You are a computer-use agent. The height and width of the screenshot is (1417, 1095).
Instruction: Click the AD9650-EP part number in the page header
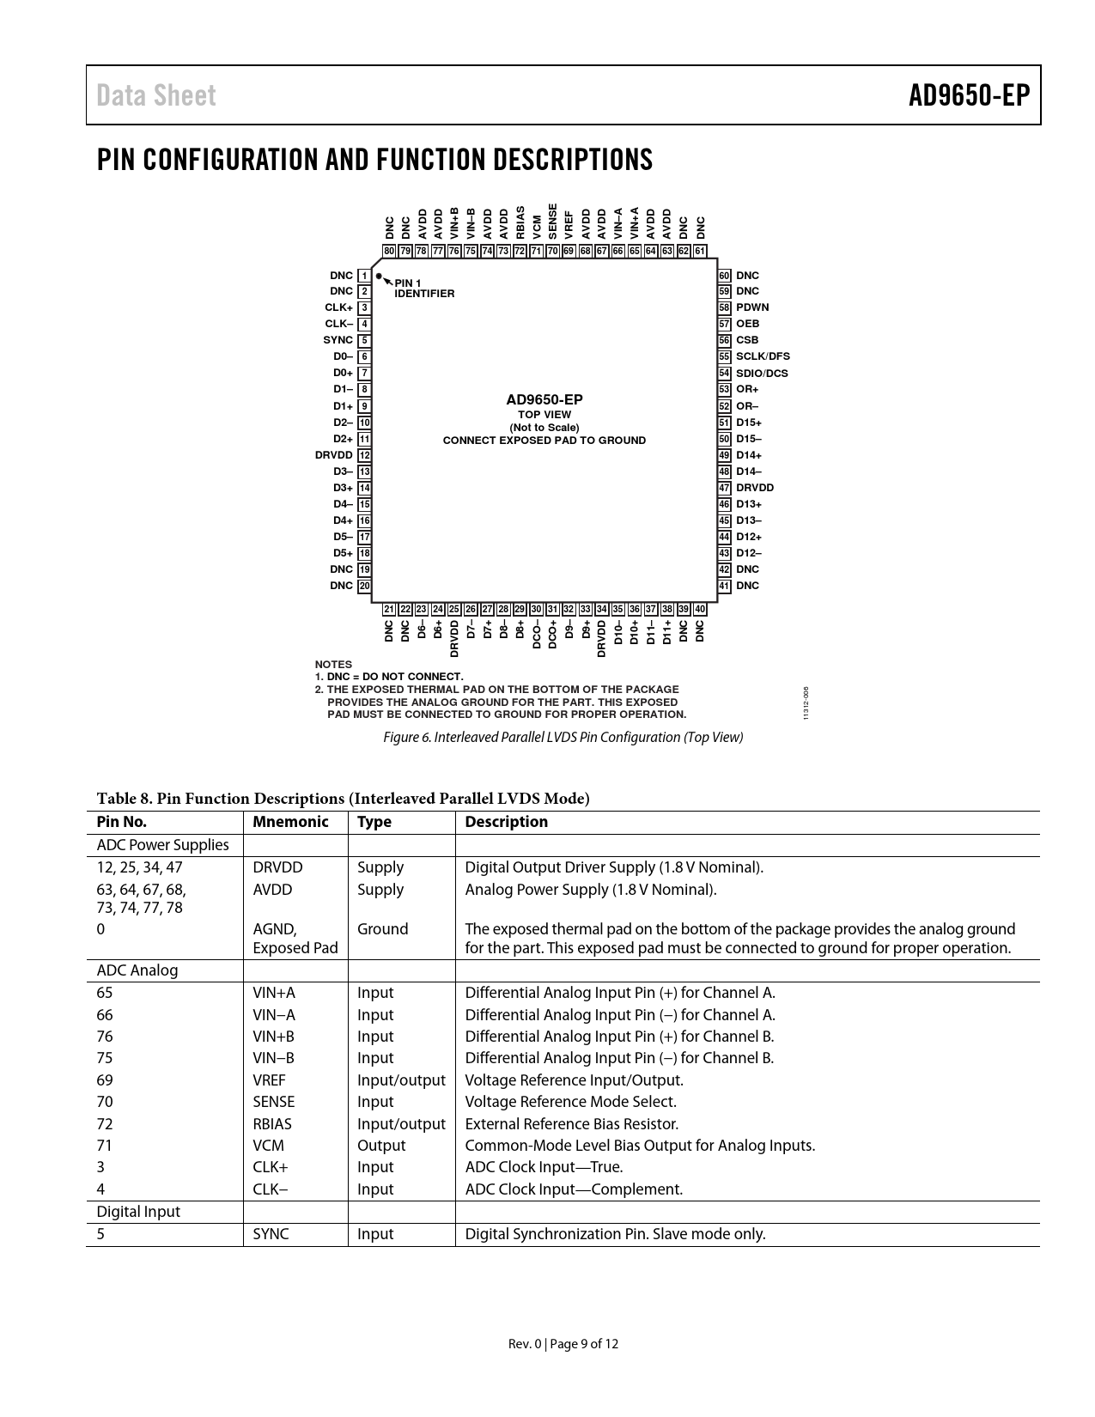click(x=969, y=95)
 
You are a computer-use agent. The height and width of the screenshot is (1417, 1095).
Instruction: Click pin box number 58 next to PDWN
click(x=725, y=307)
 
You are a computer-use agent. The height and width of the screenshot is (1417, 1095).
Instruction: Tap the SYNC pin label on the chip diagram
click(x=338, y=340)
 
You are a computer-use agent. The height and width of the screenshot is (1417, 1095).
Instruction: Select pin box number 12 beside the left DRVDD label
click(x=365, y=455)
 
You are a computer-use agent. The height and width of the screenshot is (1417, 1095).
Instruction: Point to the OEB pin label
click(x=747, y=324)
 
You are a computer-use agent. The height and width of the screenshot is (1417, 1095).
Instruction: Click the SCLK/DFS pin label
click(x=763, y=356)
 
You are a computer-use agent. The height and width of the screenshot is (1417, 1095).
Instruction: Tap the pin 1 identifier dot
click(x=379, y=277)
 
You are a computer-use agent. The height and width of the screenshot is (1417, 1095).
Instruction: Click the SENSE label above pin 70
click(x=553, y=222)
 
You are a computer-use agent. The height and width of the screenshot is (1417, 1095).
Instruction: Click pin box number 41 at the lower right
click(x=725, y=586)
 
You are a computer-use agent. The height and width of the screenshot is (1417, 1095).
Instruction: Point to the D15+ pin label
click(x=749, y=423)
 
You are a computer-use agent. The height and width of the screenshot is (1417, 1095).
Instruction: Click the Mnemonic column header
click(x=290, y=822)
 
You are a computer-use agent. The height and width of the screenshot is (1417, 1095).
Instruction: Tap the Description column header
click(x=506, y=822)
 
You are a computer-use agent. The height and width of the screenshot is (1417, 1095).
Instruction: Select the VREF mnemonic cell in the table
click(x=269, y=1080)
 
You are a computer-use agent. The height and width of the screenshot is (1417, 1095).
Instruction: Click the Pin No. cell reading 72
click(x=105, y=1124)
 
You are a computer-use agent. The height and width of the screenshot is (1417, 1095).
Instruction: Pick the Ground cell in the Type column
click(x=382, y=929)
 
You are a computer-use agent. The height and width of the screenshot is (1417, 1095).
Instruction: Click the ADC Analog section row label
click(x=137, y=970)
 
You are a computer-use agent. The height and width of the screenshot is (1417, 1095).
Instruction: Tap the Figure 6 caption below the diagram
click(x=563, y=737)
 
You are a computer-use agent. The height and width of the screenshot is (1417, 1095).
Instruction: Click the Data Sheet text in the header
click(x=156, y=95)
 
